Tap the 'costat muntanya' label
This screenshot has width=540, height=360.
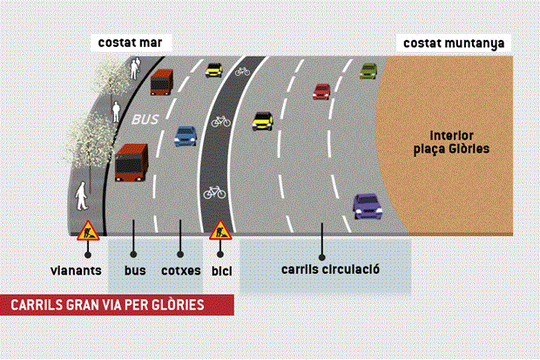[453, 43]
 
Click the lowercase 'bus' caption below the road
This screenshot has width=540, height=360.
[134, 270]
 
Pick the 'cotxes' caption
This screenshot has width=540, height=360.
[181, 270]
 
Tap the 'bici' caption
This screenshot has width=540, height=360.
[221, 270]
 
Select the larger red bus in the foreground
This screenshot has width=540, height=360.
[132, 162]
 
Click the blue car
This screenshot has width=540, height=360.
[186, 135]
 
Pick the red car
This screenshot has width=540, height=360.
[322, 91]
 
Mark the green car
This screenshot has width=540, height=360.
[368, 71]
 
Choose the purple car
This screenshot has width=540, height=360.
[368, 206]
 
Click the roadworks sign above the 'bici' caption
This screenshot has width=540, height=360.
[220, 231]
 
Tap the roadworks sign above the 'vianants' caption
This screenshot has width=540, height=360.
[88, 230]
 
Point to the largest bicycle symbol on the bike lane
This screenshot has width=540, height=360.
[215, 190]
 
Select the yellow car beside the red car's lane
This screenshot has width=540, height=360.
[262, 121]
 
